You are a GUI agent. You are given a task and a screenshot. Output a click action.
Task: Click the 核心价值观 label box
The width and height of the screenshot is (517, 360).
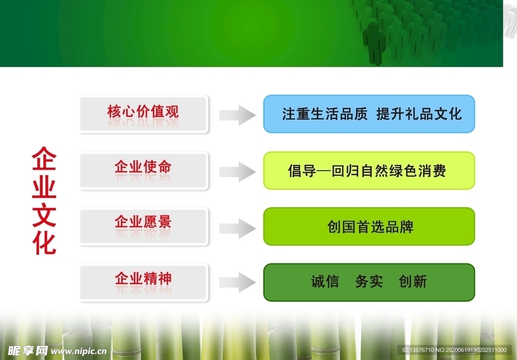(143, 114)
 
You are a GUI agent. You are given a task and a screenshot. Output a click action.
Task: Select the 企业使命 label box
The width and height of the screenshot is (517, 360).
(143, 171)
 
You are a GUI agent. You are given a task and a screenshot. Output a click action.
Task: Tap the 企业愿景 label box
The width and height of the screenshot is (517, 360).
(143, 226)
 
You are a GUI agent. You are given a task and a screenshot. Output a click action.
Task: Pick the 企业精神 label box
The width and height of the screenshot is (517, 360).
(143, 282)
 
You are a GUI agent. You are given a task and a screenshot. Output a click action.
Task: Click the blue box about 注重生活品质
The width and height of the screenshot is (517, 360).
(369, 114)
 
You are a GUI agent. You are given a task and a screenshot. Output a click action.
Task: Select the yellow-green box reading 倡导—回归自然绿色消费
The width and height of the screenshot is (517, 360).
(369, 171)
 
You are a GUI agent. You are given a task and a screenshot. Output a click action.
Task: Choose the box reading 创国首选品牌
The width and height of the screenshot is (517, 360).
(369, 227)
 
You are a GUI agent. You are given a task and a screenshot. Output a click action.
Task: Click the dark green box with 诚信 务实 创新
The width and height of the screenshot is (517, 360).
(369, 282)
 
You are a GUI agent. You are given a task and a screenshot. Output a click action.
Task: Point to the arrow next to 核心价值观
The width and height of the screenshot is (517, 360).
(237, 115)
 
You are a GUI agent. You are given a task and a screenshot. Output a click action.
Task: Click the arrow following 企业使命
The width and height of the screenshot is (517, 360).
(237, 172)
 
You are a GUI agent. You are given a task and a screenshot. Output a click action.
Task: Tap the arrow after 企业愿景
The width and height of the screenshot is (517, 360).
(237, 228)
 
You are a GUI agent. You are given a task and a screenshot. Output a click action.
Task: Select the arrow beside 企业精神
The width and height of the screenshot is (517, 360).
(237, 282)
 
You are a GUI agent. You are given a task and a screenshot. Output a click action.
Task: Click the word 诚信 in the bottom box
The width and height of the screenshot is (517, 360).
(325, 282)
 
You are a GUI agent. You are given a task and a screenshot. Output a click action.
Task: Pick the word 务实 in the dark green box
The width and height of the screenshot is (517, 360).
(369, 282)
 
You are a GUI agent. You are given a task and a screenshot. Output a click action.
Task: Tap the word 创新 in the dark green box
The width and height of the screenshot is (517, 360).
(413, 282)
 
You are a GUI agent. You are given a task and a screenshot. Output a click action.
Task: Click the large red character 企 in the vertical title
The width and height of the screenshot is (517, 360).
(44, 159)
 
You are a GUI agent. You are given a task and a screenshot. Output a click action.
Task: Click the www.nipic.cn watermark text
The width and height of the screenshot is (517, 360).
(78, 351)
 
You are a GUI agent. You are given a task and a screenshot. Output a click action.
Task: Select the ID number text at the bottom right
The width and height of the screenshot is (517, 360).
(454, 350)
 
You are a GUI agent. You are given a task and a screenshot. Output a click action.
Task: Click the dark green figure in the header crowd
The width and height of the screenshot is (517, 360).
(374, 43)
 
